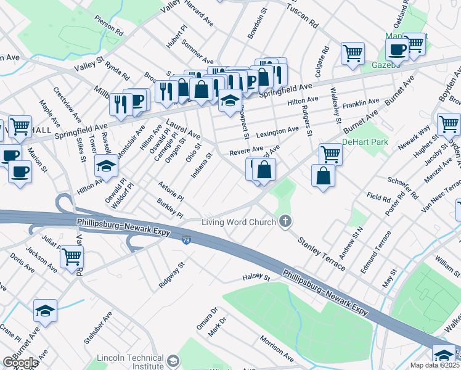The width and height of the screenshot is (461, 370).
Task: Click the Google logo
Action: (x=20, y=363)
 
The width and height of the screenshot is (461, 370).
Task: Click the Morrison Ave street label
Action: (x=276, y=348)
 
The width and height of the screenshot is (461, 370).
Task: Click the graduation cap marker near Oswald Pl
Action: (x=106, y=166)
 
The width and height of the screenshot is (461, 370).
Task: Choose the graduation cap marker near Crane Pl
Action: (x=46, y=310)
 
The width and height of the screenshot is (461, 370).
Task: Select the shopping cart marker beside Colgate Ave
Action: (x=353, y=54)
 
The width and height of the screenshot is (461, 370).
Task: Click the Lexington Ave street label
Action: (x=277, y=132)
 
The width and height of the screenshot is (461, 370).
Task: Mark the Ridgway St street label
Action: (x=172, y=274)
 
